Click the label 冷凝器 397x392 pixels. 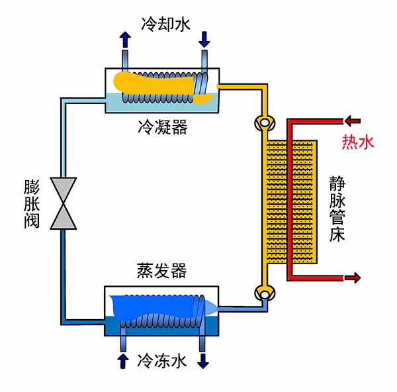click(163, 127)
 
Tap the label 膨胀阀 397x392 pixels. click(30, 203)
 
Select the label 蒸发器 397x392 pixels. click(161, 270)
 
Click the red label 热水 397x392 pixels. click(358, 142)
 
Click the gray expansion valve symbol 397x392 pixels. click(65, 203)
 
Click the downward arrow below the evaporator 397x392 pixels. click(202, 360)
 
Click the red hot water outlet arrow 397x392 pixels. click(352, 278)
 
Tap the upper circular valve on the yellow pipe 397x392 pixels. click(264, 124)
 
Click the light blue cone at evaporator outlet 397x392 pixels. click(210, 308)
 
